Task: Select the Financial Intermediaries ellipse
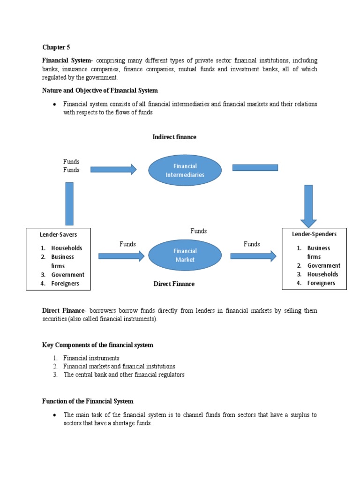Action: (185, 171)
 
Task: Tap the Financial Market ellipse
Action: (185, 255)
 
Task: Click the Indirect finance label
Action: (174, 137)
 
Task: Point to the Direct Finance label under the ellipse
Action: (174, 284)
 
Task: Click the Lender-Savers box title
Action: (58, 234)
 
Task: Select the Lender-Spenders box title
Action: (314, 234)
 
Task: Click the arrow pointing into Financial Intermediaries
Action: (113, 169)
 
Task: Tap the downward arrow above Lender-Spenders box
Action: (308, 206)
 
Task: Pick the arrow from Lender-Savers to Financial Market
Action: (121, 255)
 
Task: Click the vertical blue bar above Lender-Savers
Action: (69, 203)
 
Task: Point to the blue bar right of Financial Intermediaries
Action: (255, 168)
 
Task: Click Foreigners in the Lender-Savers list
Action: (65, 284)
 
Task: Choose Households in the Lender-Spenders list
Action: (322, 274)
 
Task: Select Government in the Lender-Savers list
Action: (67, 275)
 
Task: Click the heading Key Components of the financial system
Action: (97, 345)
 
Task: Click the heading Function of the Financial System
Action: (88, 401)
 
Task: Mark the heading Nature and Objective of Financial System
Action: (100, 90)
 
